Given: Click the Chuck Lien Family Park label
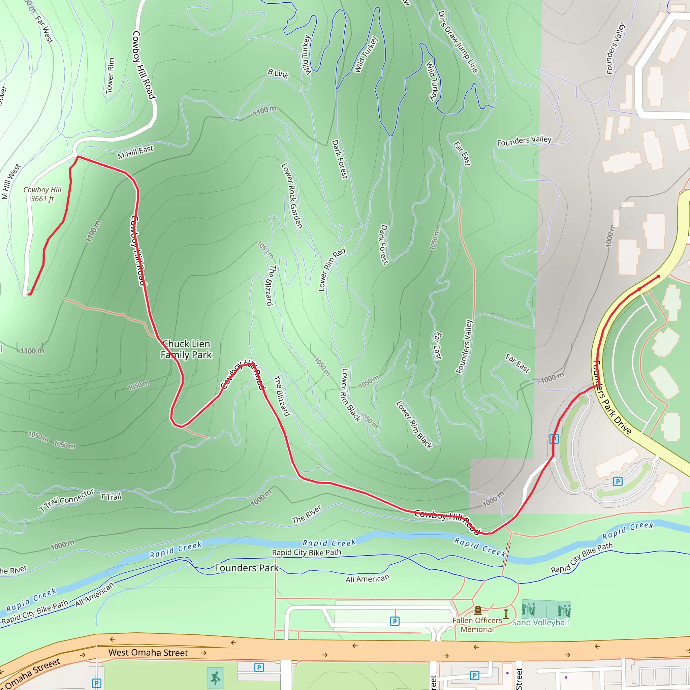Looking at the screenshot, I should point(186,349).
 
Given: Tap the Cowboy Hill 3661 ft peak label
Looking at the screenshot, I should point(42,194).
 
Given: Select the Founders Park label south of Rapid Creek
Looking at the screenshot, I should point(246,568).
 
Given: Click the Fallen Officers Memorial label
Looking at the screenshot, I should point(477,625).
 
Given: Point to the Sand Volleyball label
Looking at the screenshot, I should point(540,623).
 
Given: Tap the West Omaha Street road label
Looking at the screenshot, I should point(148,653).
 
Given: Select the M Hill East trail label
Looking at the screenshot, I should point(135,152).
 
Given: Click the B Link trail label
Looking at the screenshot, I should point(278,73).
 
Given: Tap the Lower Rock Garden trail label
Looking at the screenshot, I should point(291,196).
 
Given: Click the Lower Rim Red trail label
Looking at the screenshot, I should point(332,269).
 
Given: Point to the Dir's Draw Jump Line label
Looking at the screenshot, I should point(458,42).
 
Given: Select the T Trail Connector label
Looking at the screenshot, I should point(67,500).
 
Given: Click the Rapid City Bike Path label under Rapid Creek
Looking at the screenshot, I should point(307,553).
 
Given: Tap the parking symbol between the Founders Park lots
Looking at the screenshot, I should point(395,621).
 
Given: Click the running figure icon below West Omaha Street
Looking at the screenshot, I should point(215,678).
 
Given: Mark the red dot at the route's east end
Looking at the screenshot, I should point(659,276).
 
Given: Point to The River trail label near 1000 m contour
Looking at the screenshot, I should point(307,514).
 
